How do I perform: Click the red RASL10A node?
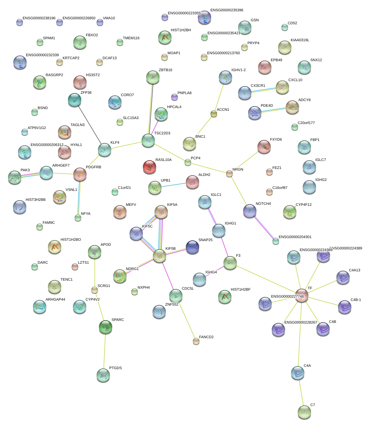[149, 167]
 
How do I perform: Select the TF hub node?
[301, 295]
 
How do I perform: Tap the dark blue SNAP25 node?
[192, 247]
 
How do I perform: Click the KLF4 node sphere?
[105, 150]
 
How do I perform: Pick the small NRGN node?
[229, 174]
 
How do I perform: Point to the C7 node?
[304, 412]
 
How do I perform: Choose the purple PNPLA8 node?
[175, 97]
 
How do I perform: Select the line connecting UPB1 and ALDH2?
[174, 185]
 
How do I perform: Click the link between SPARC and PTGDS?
[105, 351]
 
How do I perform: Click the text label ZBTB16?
[166, 70]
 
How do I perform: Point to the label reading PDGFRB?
[94, 167]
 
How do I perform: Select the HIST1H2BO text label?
[71, 239]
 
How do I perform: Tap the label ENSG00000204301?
[295, 237]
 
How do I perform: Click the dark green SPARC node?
[106, 327]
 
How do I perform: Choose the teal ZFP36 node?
[75, 100]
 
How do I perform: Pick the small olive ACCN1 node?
[214, 114]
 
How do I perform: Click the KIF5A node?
[161, 212]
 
